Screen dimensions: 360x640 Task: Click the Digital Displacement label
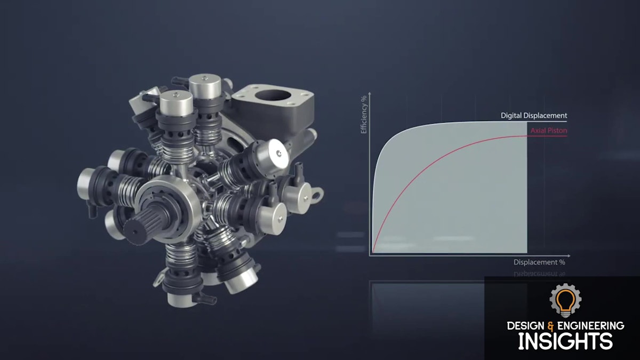533,116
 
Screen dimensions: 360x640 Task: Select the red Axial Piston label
548,130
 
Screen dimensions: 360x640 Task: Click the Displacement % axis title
539,262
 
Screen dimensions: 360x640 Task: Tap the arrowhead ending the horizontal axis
568,255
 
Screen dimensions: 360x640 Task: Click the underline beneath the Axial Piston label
548,136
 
